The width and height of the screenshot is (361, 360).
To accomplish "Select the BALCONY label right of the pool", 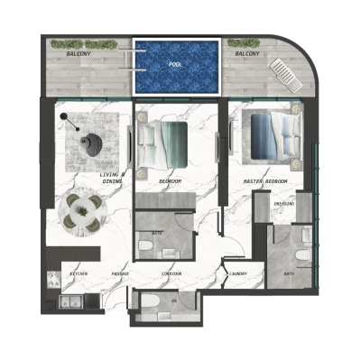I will (248, 54).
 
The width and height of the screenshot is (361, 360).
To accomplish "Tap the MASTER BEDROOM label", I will (264, 182).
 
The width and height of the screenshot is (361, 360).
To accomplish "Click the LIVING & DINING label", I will (113, 179).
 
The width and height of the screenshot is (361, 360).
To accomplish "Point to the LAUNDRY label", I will (238, 273).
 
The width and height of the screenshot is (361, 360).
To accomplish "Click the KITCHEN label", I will (79, 273).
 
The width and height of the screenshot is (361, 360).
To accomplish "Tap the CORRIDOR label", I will (172, 273).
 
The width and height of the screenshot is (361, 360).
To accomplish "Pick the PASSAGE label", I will (121, 273).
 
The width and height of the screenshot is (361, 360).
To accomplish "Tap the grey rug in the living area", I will (88, 135).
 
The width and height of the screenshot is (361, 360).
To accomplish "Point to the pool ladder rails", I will (133, 58).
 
